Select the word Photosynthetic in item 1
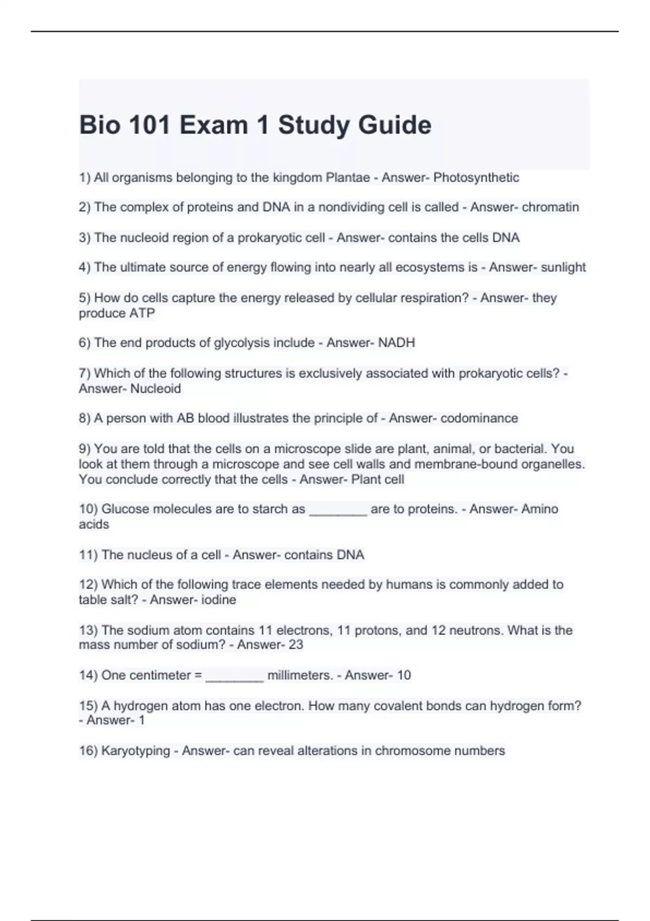[476, 178]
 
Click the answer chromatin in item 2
[550, 207]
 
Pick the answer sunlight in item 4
[563, 268]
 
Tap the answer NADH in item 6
[396, 343]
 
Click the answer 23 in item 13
[296, 645]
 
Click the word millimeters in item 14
[300, 676]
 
